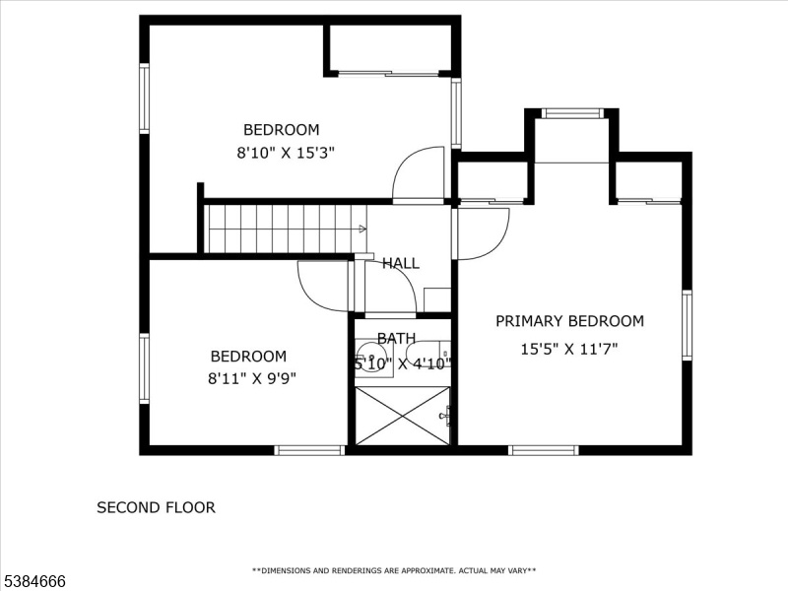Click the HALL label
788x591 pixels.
coord(401,263)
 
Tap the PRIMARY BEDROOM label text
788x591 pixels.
coord(569,321)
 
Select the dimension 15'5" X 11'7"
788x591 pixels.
coord(569,349)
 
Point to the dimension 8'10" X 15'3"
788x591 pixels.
coord(286,153)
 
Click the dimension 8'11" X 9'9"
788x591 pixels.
coord(252,378)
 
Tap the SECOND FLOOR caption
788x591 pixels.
coord(156,507)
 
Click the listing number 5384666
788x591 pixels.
coord(33,581)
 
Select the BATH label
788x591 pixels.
coord(396,339)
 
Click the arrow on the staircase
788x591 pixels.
coord(361,230)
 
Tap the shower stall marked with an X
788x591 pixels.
coord(402,416)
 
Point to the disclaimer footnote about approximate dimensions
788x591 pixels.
coord(394,570)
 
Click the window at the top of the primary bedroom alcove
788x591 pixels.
coord(572,113)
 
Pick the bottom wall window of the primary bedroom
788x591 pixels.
coord(544,450)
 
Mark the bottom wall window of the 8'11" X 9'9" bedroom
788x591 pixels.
coord(310,450)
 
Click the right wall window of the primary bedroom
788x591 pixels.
coord(687,325)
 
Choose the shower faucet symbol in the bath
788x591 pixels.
coord(445,416)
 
